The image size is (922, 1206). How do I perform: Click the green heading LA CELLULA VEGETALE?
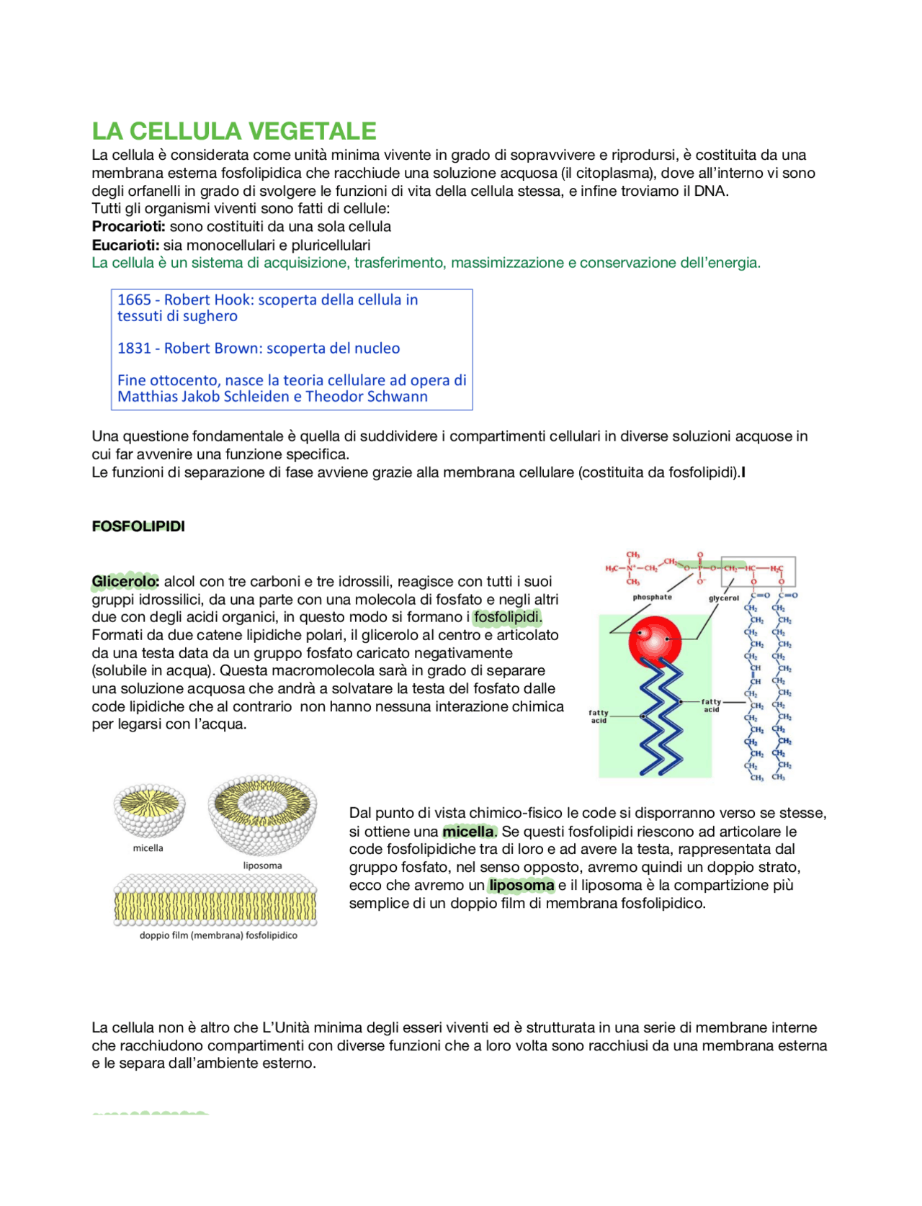234,131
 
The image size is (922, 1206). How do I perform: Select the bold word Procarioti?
128,227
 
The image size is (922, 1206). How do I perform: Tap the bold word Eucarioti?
125,245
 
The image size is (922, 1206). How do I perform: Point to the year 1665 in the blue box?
134,300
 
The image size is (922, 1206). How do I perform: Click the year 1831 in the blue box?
134,348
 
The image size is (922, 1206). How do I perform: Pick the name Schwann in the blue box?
400,397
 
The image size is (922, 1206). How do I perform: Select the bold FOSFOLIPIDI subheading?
138,526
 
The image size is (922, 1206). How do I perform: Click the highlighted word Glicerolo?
125,582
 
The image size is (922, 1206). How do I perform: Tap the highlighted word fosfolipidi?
507,617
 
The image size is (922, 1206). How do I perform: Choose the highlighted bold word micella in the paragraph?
468,832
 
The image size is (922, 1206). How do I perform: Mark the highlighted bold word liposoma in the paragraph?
522,886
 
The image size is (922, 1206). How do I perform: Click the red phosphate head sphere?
654,639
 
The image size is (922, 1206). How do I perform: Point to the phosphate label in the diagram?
652,597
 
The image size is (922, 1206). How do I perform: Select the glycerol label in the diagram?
723,598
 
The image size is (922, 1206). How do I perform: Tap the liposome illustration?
263,814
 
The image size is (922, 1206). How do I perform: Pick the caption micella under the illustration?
148,848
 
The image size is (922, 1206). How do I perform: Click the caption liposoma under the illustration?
262,865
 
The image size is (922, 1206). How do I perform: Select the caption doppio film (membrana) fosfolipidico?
218,935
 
